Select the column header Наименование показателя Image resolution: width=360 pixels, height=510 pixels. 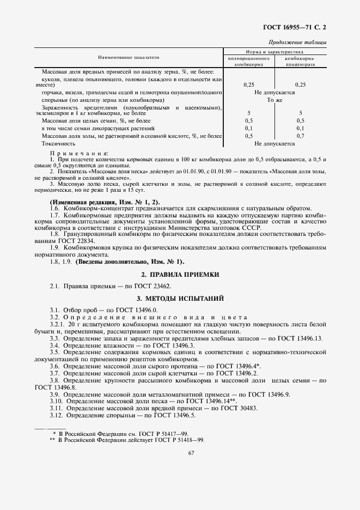click(x=129, y=57)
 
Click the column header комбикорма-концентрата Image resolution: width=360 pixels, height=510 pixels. click(x=300, y=60)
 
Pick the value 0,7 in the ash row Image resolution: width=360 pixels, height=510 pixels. click(x=300, y=136)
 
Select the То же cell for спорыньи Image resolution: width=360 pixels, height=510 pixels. click(x=274, y=100)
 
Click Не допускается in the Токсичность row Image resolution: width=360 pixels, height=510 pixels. click(x=274, y=144)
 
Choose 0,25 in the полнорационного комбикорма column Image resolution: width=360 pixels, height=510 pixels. click(x=249, y=84)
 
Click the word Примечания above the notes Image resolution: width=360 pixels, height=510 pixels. click(x=79, y=153)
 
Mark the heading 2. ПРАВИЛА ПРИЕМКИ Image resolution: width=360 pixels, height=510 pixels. click(x=180, y=275)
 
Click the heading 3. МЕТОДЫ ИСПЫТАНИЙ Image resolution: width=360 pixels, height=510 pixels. click(x=180, y=297)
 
